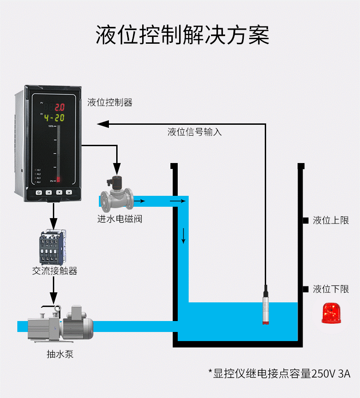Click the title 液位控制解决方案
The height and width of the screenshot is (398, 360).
[182, 35]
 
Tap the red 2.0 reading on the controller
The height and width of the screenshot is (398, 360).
[60, 107]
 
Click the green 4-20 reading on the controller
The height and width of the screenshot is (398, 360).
[54, 118]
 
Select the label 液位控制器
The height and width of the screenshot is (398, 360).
[110, 102]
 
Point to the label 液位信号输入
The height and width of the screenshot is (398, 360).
[195, 132]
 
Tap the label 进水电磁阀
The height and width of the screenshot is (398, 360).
[120, 219]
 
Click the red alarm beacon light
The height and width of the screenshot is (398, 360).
[331, 313]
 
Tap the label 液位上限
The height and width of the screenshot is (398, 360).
[331, 220]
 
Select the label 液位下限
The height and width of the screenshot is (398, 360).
[331, 289]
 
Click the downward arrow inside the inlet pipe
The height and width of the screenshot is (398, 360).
[184, 235]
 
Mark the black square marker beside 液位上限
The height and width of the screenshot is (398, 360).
[306, 221]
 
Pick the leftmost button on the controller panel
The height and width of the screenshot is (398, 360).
[39, 193]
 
